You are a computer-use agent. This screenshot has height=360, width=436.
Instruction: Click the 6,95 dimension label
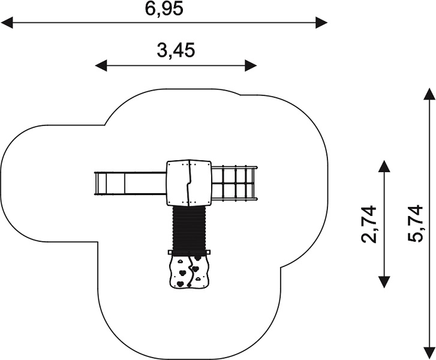pyautogui.click(x=164, y=8)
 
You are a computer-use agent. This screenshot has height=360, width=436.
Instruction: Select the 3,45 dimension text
pyautogui.click(x=176, y=50)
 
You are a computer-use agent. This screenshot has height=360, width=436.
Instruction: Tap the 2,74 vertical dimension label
pyautogui.click(x=369, y=224)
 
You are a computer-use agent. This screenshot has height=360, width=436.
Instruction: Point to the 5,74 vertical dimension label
pyautogui.click(x=415, y=223)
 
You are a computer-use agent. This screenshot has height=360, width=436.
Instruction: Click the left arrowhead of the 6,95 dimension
pyautogui.click(x=7, y=23)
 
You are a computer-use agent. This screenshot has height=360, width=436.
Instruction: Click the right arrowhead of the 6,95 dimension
pyautogui.click(x=321, y=23)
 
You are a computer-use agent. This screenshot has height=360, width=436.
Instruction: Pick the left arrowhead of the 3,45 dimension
pyautogui.click(x=101, y=65)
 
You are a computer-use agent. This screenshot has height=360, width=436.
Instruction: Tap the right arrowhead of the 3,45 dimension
pyautogui.click(x=250, y=65)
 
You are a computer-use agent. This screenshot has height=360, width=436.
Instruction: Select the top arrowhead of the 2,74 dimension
pyautogui.click(x=384, y=166)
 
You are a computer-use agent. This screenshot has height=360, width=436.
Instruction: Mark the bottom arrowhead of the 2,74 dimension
pyautogui.click(x=384, y=282)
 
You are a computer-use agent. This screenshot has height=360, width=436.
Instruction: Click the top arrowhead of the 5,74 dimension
pyautogui.click(x=429, y=94)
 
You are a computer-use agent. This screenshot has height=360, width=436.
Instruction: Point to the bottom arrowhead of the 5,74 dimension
pyautogui.click(x=429, y=353)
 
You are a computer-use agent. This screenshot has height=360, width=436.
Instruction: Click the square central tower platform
pyautogui.click(x=189, y=183)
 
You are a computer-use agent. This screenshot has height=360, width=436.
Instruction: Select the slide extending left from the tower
pyautogui.click(x=130, y=184)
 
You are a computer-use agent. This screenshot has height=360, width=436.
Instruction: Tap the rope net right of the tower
pyautogui.click(x=234, y=183)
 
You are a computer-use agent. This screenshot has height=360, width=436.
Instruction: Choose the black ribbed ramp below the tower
pyautogui.click(x=189, y=229)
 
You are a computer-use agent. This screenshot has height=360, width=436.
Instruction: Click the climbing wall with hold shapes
pyautogui.click(x=189, y=272)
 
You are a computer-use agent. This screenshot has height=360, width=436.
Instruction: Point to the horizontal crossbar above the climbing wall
pyautogui.click(x=189, y=253)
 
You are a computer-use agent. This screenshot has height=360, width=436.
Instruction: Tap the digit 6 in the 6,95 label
pyautogui.click(x=149, y=8)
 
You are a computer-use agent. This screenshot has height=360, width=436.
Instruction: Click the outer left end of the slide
pyautogui.click(x=95, y=184)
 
